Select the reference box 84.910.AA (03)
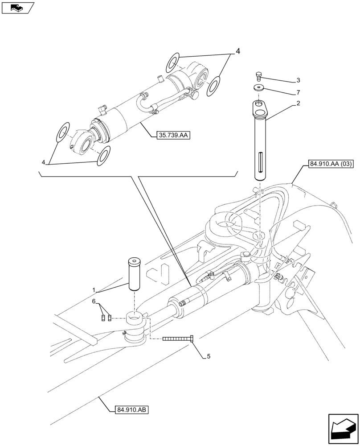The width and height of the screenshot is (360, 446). tap(330, 164)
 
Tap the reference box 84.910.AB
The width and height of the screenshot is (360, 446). tap(131, 409)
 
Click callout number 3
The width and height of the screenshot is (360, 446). tap(298, 81)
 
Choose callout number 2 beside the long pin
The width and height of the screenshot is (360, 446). tap(298, 104)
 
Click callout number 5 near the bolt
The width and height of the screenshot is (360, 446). tap(208, 356)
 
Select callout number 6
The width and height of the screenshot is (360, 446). tap(94, 302)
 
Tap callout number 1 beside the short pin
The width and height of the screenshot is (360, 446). tap(94, 290)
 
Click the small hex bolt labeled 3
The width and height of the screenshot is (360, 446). tap(259, 76)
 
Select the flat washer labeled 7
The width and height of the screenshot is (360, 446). tap(259, 87)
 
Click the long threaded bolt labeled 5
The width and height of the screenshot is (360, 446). tap(178, 339)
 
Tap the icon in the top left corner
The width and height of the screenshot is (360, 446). tap(17, 8)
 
